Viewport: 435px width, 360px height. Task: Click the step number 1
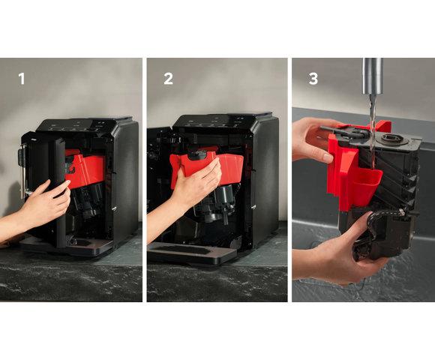click(22, 79)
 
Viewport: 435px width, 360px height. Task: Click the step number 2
click(169, 79)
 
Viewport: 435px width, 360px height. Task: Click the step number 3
click(313, 79)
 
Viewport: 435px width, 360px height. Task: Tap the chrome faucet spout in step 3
click(373, 76)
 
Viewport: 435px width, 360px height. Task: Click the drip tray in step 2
click(191, 253)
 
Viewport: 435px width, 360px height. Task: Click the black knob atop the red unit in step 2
click(197, 154)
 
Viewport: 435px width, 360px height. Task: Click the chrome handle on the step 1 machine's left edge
click(22, 169)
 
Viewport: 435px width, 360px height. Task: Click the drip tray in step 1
click(69, 245)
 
